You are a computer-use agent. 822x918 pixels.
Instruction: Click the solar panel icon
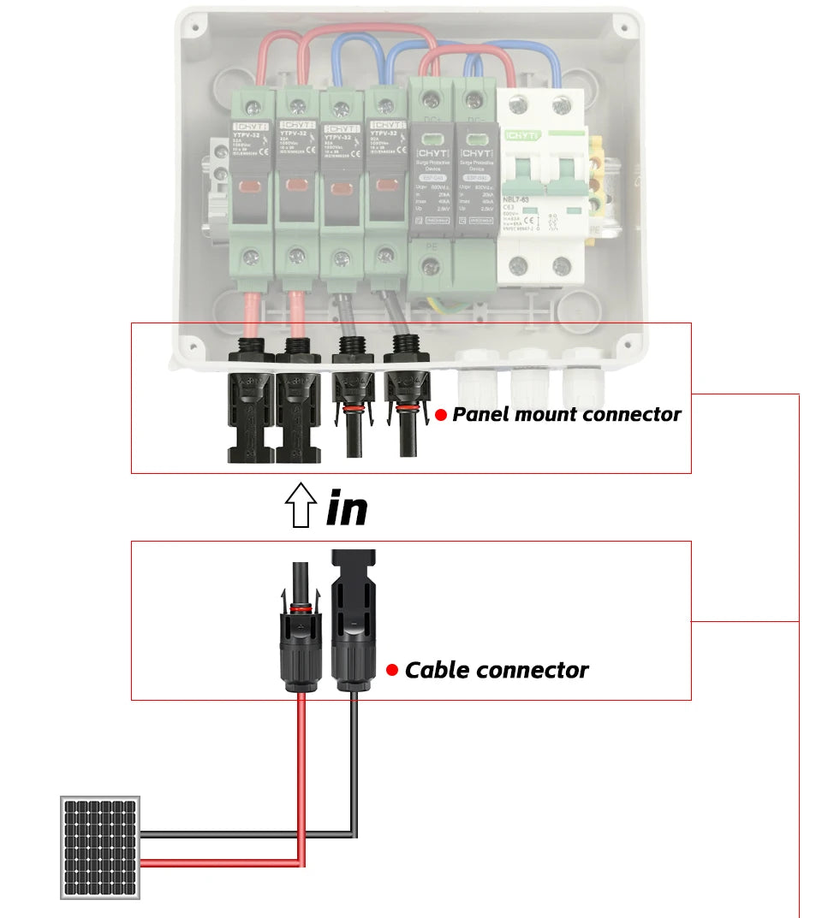(100, 847)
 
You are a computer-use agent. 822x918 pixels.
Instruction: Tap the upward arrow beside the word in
(300, 506)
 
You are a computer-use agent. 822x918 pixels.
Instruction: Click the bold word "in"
(347, 508)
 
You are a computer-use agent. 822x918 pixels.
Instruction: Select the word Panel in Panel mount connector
(481, 415)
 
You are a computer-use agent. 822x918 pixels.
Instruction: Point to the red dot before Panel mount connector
(441, 415)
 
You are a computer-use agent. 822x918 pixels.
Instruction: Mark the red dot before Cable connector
(392, 670)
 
